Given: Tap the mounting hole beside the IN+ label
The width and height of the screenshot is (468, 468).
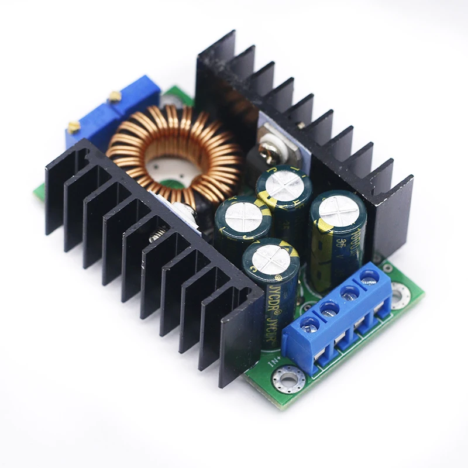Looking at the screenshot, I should tap(288, 379).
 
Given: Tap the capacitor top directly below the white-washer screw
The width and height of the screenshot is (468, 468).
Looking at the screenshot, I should tap(284, 185).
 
